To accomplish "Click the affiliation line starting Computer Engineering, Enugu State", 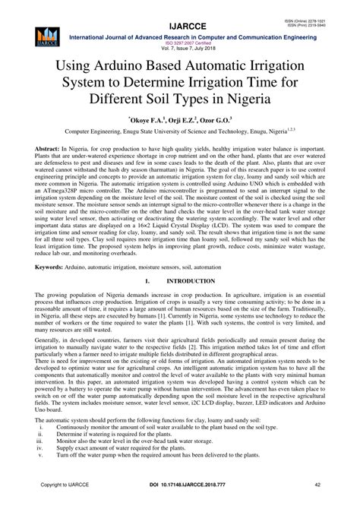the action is tap(180, 131).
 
